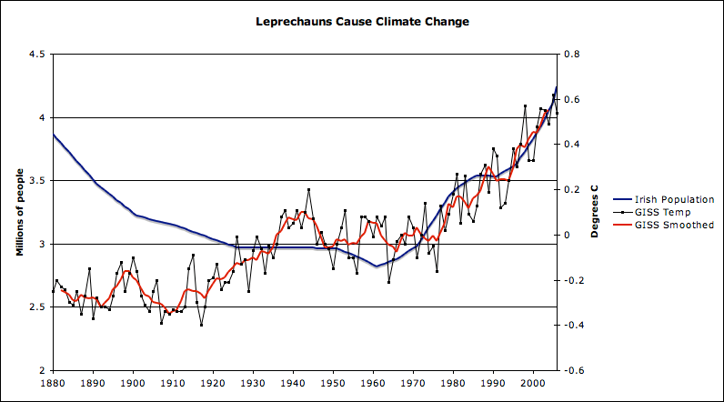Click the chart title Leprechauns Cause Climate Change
tap(362, 20)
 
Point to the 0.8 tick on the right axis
tap(572, 55)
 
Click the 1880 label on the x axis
tap(54, 384)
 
